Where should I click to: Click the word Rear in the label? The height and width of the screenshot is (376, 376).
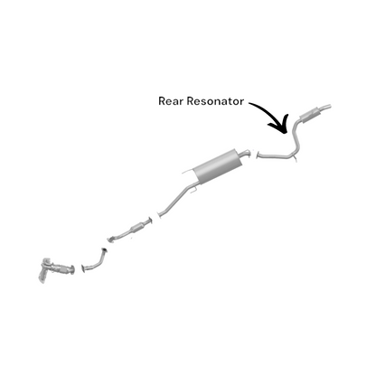tap(171, 101)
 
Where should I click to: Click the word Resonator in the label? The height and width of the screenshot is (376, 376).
tap(215, 101)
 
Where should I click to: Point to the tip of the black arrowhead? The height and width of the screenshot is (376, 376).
tap(284, 133)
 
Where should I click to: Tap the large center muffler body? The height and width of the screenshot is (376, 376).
tap(218, 166)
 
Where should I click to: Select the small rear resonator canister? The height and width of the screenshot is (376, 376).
tap(310, 114)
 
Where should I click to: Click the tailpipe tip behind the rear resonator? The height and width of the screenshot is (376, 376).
tap(325, 108)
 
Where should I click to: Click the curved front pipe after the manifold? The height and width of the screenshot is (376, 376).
tap(94, 260)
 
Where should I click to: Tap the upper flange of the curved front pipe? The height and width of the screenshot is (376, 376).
tap(104, 250)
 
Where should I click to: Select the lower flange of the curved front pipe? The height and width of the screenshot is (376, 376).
tap(83, 268)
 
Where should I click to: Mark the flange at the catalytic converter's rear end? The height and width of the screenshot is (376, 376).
tap(150, 221)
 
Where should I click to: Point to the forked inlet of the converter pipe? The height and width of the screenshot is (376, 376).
tap(111, 240)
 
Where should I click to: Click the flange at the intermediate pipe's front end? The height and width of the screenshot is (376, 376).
tap(159, 214)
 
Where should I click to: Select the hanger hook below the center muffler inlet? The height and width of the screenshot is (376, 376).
tap(194, 189)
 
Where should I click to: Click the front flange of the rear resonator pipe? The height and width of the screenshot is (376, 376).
tap(257, 155)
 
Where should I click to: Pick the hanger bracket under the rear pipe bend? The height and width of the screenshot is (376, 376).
tap(295, 158)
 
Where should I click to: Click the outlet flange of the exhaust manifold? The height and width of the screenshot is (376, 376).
tap(72, 270)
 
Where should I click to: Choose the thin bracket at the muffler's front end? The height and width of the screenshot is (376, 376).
tap(188, 172)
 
